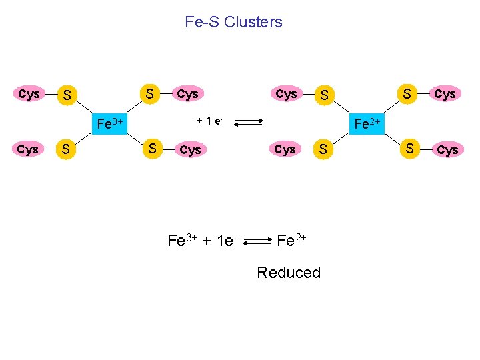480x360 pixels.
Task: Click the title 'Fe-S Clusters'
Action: click(233, 22)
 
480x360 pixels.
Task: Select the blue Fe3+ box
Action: click(109, 123)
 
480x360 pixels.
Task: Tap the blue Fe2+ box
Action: click(367, 123)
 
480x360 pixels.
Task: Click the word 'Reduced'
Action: click(289, 273)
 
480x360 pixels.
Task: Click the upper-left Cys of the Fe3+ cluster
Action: click(29, 94)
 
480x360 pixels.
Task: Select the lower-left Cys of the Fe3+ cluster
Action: click(27, 149)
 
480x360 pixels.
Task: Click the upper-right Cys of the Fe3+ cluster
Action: click(187, 94)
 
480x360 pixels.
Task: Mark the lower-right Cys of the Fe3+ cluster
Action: click(190, 150)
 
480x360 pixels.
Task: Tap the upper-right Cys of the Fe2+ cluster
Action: click(445, 94)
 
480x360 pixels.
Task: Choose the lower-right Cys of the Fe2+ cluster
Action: click(447, 150)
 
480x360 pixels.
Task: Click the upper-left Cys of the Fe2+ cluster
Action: click(286, 94)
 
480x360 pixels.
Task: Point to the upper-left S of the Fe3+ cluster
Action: click(66, 96)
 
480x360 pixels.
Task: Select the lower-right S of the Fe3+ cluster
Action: click(153, 148)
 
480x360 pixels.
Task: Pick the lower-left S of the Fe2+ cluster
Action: click(323, 150)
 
